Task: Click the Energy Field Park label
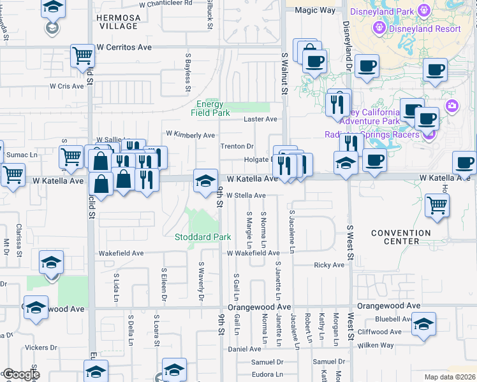click(210, 108)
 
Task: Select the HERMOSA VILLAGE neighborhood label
click(117, 22)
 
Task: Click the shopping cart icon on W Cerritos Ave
click(83, 57)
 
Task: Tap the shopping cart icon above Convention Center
click(437, 206)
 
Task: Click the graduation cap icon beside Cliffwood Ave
click(423, 324)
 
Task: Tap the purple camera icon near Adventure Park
click(452, 106)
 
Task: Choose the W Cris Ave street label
click(66, 87)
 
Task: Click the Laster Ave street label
click(261, 119)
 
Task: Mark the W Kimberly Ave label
click(191, 135)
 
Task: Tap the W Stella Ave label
click(246, 195)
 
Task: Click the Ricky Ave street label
click(329, 265)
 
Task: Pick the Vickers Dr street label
click(41, 348)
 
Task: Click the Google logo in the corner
click(21, 374)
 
